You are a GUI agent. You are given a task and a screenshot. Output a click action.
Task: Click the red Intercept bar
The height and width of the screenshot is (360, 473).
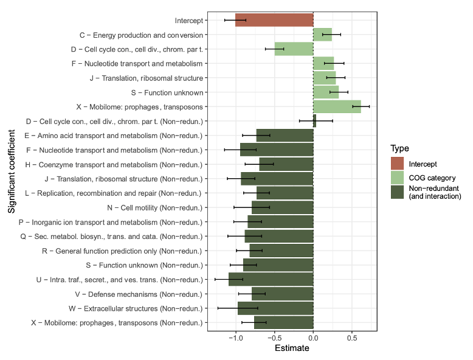coord(274,20)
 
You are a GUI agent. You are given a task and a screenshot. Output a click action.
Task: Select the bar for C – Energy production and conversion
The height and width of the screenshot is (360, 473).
coord(322,35)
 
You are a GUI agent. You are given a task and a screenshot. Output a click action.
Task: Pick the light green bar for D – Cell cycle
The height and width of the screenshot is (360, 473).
coord(294,49)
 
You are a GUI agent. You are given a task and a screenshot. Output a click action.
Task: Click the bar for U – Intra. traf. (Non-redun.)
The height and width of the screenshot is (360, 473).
coord(271,279)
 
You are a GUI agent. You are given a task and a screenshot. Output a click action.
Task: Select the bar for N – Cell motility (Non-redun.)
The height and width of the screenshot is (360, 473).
coord(283,207)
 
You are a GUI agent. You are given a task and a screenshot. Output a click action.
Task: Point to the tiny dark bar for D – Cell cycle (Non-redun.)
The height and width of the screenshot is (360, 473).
coord(314,121)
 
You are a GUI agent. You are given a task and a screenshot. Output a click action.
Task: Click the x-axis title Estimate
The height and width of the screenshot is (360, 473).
coord(292,349)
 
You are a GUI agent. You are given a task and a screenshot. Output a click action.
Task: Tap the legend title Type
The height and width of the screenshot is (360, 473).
coord(399,148)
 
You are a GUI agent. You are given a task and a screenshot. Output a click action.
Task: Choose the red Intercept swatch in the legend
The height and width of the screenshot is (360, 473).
coord(398,164)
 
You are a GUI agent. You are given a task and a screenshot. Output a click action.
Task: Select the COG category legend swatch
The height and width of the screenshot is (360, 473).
coord(398,178)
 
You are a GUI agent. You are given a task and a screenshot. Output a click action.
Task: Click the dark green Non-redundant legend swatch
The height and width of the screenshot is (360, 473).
coord(398,192)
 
